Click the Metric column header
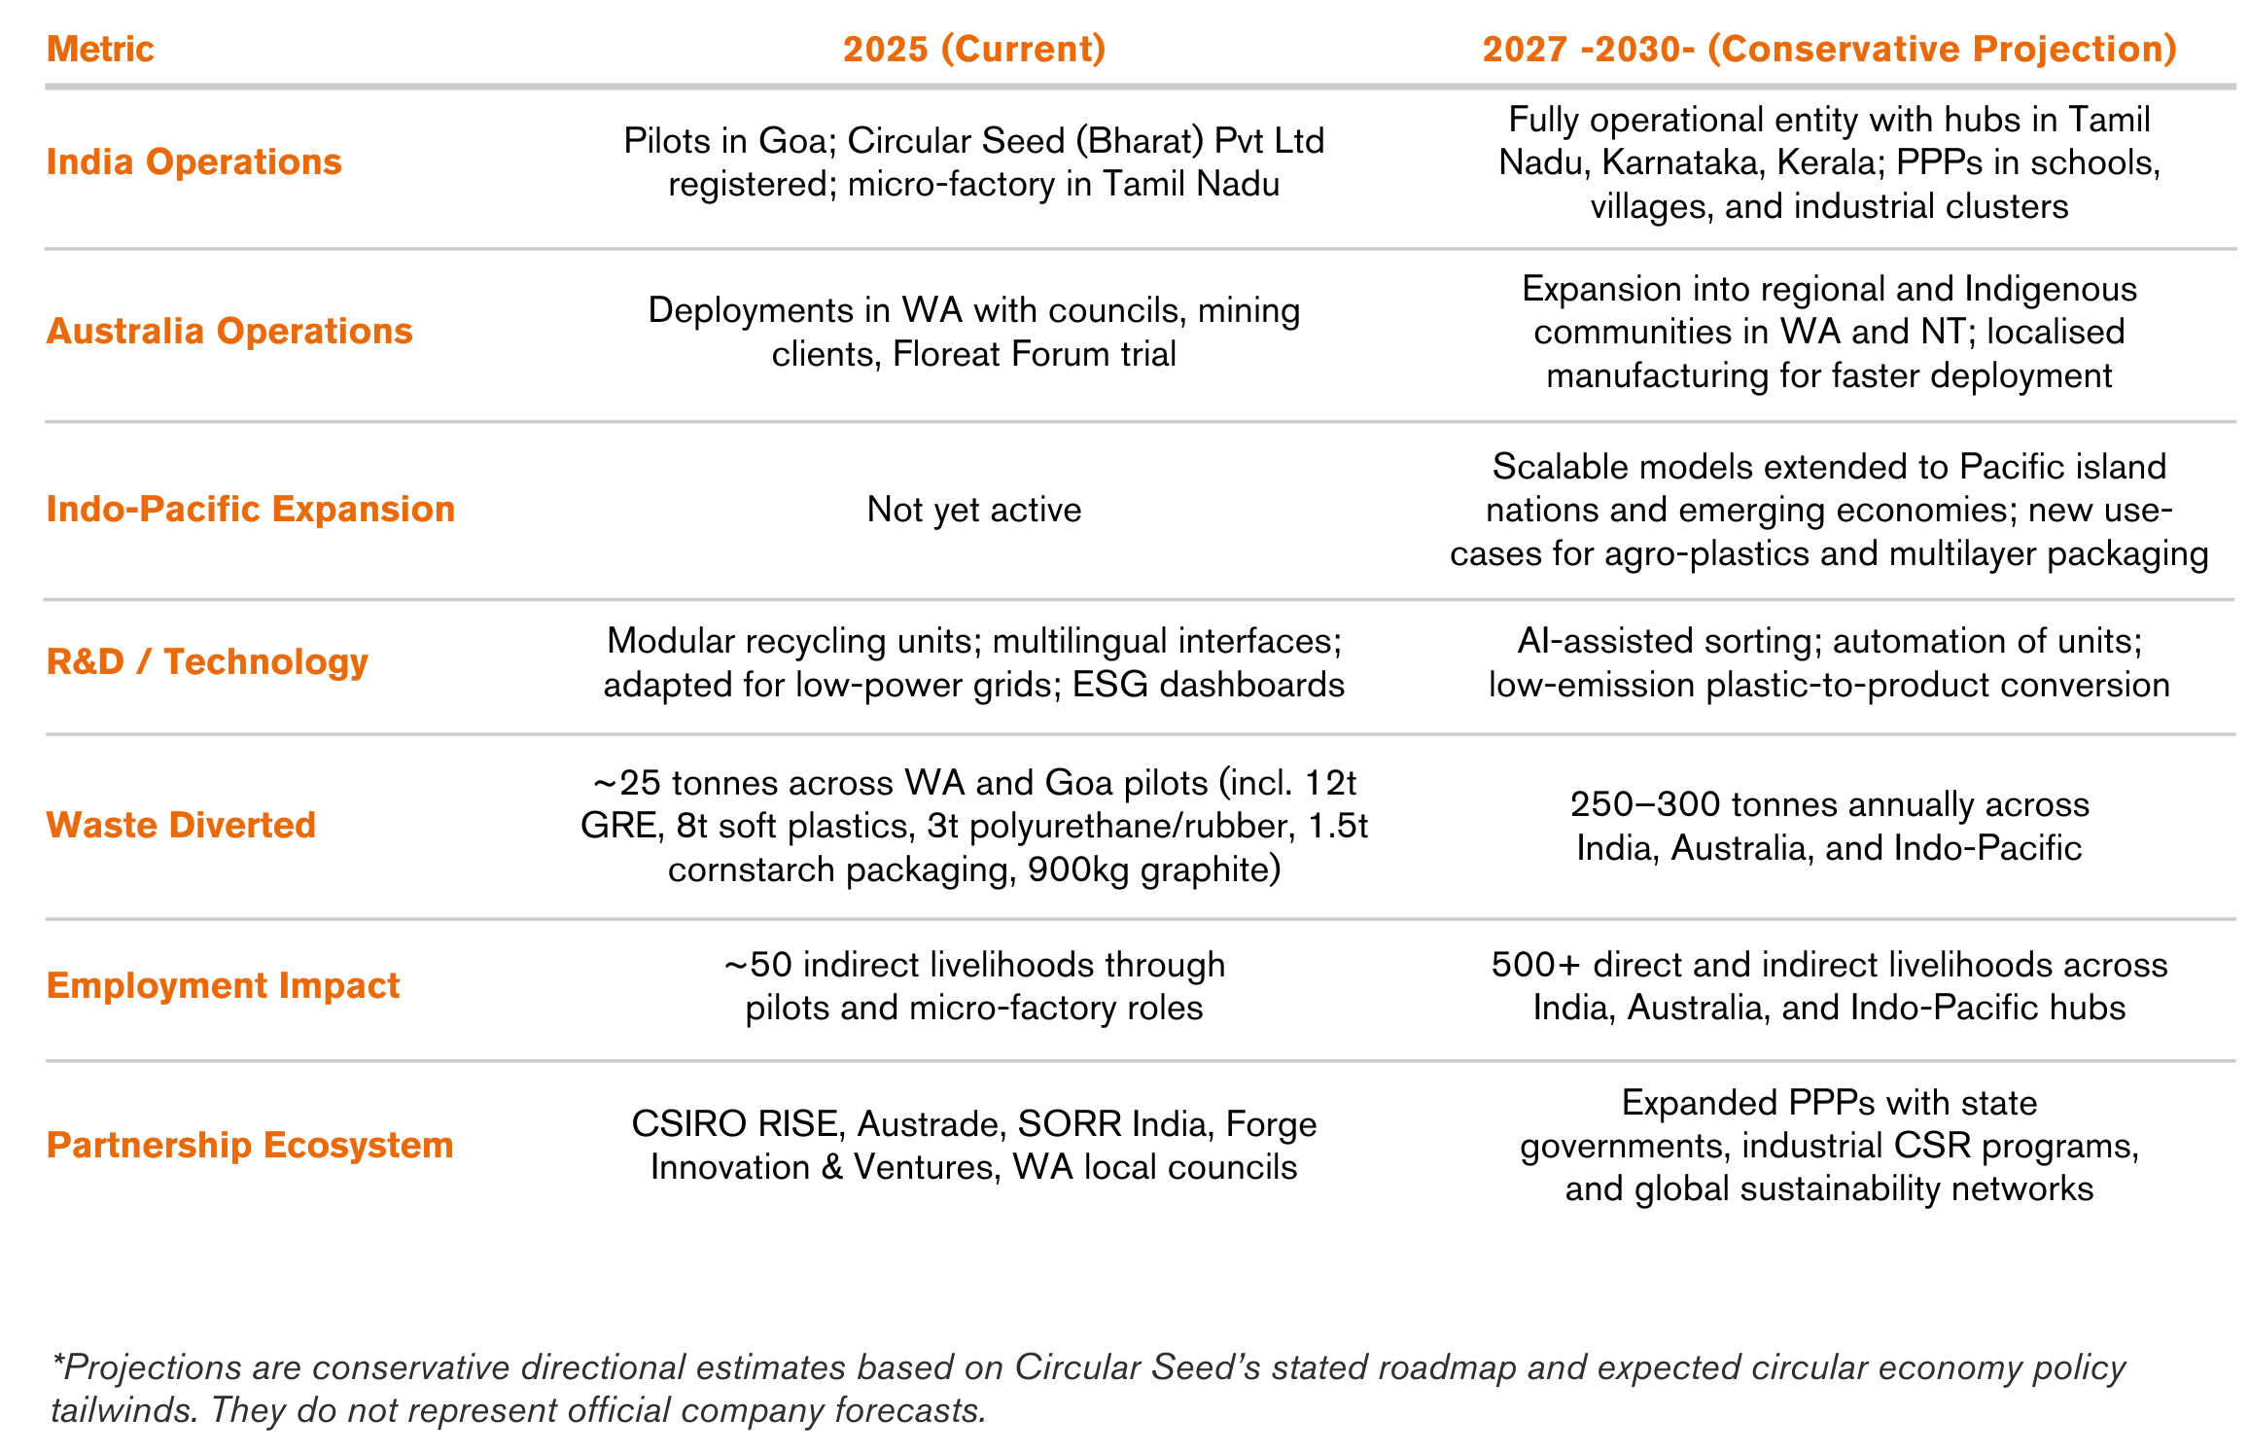coord(100,49)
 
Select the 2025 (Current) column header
coord(973,49)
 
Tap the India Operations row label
coord(193,161)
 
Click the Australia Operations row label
coord(229,331)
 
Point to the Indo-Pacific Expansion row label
coord(250,509)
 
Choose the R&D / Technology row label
coord(207,661)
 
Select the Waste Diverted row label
coord(181,825)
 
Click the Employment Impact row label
coord(223,985)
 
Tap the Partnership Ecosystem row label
coord(250,1145)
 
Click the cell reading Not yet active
coord(973,510)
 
